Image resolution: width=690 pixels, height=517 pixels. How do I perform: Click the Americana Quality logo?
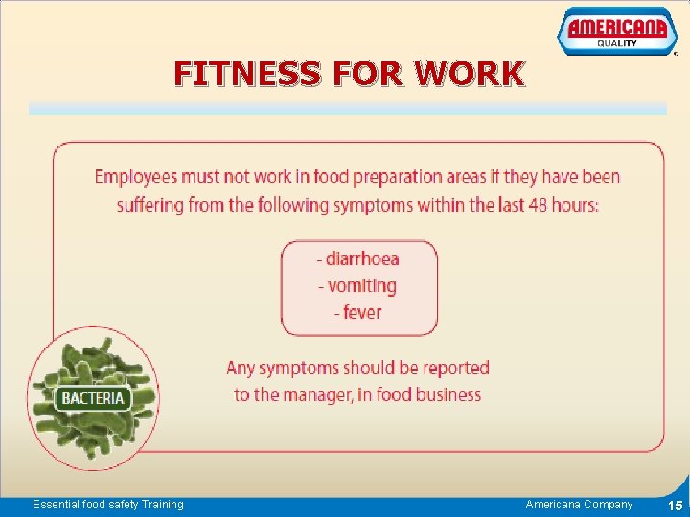[x=611, y=32]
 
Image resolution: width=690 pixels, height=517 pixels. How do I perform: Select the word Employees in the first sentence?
[x=137, y=177]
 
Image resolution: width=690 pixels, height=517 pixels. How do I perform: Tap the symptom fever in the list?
[x=361, y=312]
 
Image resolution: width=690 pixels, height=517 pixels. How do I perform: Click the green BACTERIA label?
[x=92, y=397]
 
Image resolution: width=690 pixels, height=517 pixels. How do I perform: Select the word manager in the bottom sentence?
[x=318, y=394]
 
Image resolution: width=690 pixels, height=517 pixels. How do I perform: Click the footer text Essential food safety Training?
[x=107, y=505]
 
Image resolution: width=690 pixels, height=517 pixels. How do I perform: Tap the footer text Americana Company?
[x=579, y=505]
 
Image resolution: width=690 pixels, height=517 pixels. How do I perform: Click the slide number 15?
[x=675, y=506]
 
